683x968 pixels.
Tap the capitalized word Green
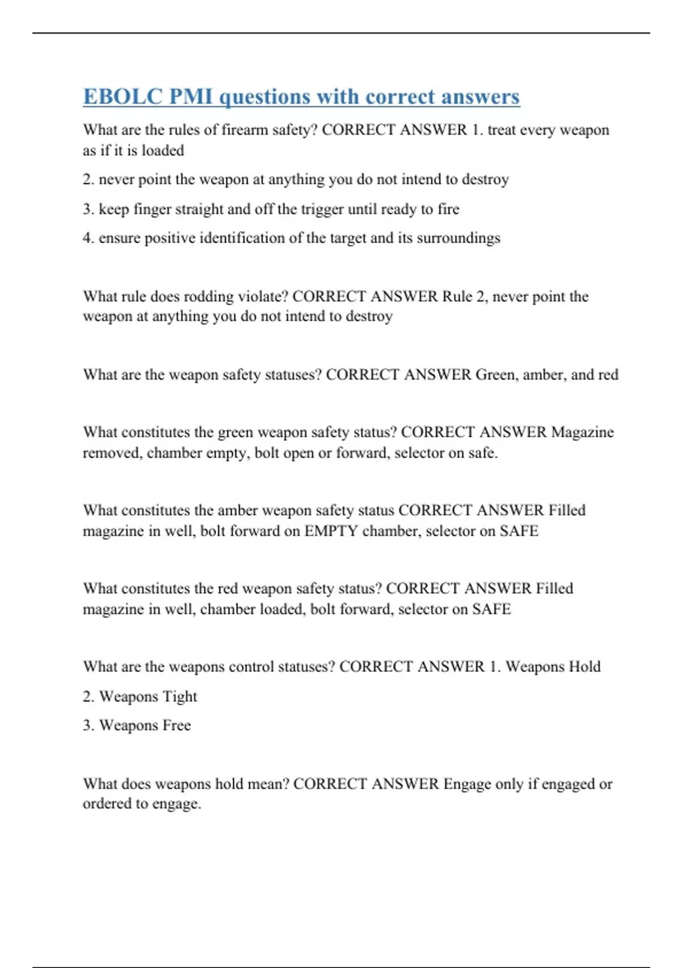[x=495, y=375]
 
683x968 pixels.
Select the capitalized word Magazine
[x=582, y=432]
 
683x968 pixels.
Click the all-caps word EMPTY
[x=331, y=531]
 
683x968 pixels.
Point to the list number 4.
[x=88, y=237]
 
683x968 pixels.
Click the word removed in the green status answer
[x=112, y=453]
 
